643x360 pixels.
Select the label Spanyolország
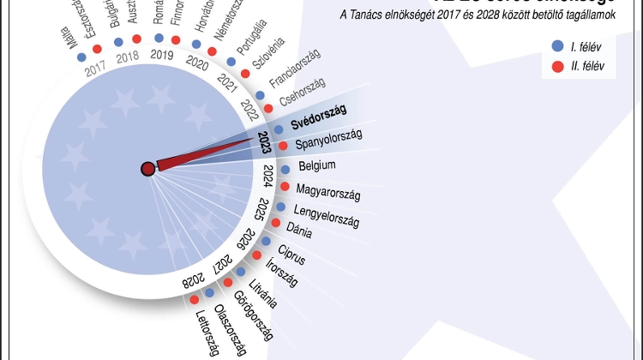[328, 141]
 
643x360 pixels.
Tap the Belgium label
[316, 165]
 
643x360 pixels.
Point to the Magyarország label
[328, 190]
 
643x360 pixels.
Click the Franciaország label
[294, 72]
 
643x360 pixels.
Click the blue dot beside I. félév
[558, 46]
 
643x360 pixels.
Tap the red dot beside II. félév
[558, 66]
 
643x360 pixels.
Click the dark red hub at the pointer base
[147, 169]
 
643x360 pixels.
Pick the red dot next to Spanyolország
[282, 147]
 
